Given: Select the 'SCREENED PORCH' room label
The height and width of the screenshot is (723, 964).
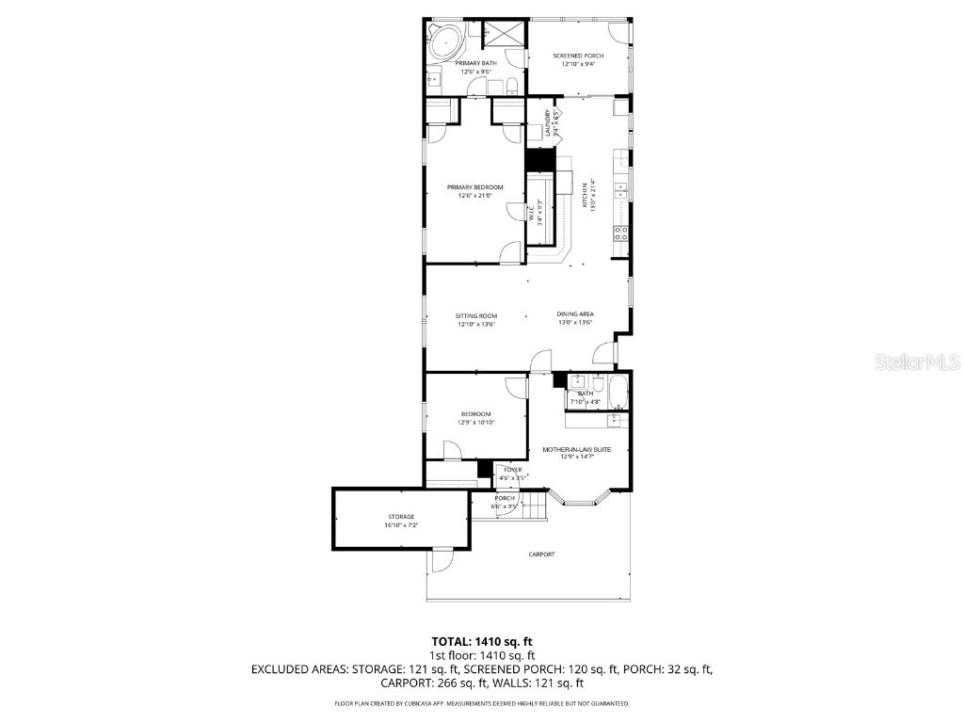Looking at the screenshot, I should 578,56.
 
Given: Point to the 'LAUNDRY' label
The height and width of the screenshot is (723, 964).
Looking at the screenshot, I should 547,123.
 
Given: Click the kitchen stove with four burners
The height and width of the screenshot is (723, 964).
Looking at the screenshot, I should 621,233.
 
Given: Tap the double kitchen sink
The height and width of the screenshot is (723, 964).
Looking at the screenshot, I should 621,192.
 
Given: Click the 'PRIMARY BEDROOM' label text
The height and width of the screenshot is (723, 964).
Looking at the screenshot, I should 474,187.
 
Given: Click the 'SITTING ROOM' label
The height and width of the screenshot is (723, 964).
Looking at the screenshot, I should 475,315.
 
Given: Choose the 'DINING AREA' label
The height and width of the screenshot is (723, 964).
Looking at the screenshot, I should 574,314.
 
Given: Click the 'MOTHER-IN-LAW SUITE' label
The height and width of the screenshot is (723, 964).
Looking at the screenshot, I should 576,450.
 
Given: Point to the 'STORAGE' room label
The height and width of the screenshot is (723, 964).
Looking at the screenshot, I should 401,517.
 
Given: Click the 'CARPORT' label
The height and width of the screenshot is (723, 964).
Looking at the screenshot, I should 541,554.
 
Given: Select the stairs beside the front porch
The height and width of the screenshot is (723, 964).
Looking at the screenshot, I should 534,509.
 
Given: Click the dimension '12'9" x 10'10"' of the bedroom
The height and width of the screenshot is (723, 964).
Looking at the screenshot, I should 475,423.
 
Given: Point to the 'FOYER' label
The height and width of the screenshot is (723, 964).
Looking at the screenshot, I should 512,470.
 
